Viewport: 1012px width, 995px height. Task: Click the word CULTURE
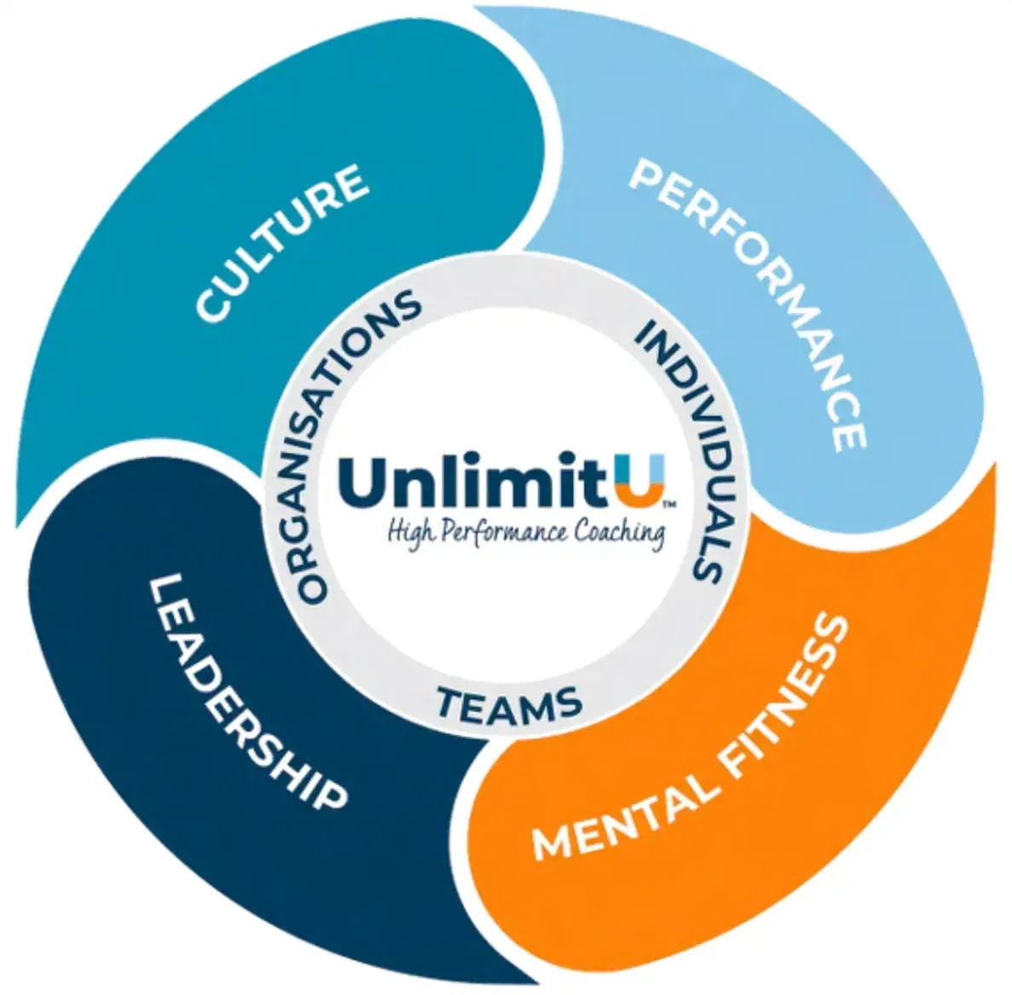coord(282,243)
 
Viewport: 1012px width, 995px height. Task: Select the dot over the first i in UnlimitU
coord(483,460)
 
